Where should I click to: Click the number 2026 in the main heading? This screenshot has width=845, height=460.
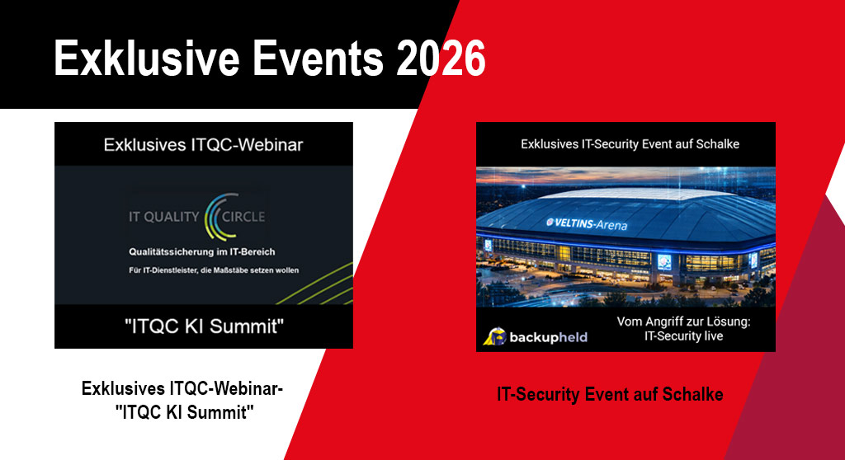441,58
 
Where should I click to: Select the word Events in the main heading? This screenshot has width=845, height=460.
318,58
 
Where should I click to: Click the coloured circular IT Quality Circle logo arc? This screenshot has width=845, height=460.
220,217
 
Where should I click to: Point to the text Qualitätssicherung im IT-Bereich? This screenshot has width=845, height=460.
201,251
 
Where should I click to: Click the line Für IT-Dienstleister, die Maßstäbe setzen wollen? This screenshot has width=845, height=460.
214,270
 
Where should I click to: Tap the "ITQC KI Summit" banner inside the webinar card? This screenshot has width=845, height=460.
204,326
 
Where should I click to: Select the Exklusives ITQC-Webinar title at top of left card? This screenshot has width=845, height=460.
203,144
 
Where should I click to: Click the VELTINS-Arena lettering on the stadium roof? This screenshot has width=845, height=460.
587,223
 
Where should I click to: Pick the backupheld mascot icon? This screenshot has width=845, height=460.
494,336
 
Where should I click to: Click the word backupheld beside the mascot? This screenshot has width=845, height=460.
548,338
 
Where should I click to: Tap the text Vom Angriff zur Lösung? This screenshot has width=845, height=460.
683,322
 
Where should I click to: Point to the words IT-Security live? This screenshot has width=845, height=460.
683,336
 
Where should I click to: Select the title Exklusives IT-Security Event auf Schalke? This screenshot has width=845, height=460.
630,143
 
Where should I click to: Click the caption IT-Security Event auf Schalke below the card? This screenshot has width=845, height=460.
610,394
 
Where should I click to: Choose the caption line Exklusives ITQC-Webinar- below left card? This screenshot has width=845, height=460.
182,388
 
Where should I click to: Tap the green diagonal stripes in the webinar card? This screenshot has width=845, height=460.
318,285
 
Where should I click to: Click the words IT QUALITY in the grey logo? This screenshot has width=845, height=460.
164,217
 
